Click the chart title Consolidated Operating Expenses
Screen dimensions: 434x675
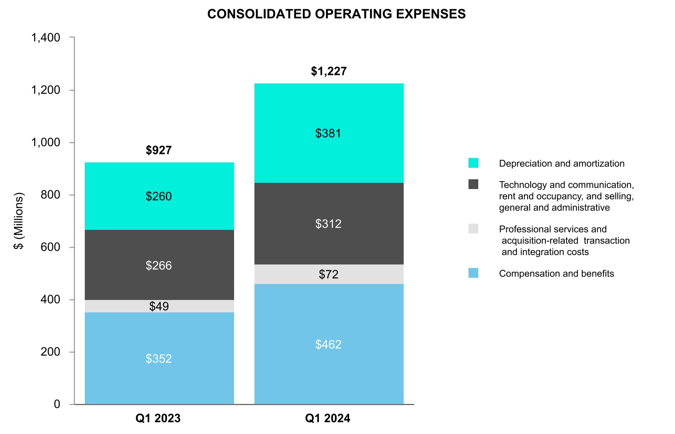click(336, 14)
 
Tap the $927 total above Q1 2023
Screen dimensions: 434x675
click(159, 150)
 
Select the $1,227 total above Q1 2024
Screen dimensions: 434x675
click(329, 71)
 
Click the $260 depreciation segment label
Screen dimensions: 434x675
click(159, 197)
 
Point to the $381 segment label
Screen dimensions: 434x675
click(328, 134)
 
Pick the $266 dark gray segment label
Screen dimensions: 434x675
click(159, 266)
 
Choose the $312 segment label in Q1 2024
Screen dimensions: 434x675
click(328, 224)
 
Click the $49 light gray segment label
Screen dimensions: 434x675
click(159, 307)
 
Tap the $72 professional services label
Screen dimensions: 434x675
click(328, 275)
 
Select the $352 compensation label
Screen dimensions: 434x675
click(159, 359)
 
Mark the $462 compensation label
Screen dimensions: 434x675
click(328, 345)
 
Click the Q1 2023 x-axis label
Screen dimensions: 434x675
click(158, 418)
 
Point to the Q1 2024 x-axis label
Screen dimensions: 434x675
click(328, 418)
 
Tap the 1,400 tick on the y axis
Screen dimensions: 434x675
click(46, 38)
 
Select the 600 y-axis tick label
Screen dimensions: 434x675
click(50, 247)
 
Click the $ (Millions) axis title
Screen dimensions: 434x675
click(19, 221)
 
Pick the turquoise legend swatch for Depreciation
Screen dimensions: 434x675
click(473, 163)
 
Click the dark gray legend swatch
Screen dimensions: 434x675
click(473, 184)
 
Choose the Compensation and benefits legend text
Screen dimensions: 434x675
click(556, 274)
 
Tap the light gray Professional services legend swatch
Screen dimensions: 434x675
click(473, 229)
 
